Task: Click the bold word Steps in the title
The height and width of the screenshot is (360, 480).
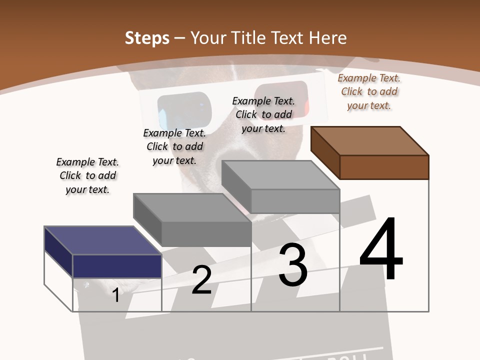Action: coord(147,38)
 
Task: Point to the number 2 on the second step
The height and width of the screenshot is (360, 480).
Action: coord(201,280)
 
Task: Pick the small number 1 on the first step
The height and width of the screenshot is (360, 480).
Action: coord(115,295)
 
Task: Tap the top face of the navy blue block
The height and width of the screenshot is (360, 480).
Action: coord(102,240)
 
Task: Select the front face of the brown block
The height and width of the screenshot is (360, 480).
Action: coord(384,167)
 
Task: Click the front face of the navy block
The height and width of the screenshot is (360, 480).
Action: coord(117,266)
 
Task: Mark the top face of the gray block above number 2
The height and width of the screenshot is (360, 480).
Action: coord(192,207)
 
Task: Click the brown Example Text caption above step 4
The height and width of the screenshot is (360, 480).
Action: coord(369,92)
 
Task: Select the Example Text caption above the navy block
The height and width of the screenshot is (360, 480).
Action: coord(87,175)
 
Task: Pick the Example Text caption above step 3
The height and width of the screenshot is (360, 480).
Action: coord(263,114)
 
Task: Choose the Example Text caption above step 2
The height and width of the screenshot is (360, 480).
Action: coord(174,146)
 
